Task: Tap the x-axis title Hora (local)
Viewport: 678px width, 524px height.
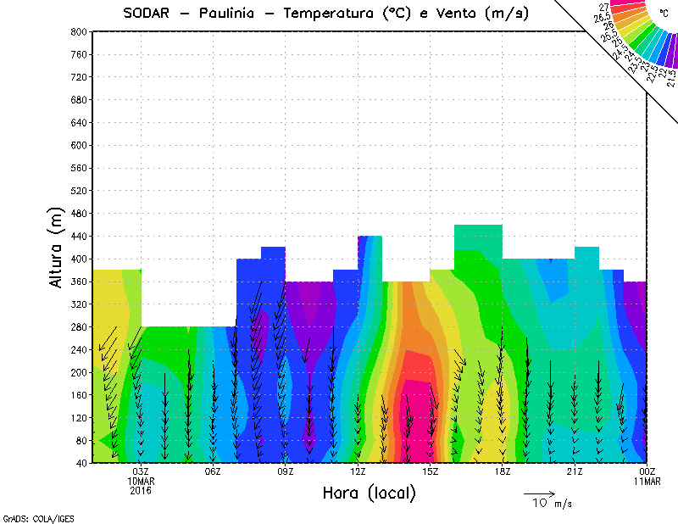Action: click(x=370, y=493)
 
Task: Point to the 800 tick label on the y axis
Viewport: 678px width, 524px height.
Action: click(x=77, y=31)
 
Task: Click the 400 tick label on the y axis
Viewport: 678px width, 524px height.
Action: click(x=77, y=259)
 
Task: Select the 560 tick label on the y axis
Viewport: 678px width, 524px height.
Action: click(x=77, y=168)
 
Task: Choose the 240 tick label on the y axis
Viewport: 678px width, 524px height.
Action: click(x=77, y=350)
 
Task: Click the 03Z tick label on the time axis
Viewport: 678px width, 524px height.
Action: click(x=141, y=471)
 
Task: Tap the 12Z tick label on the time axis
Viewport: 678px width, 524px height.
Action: click(x=358, y=471)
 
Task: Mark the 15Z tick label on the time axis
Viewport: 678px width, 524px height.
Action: click(x=431, y=471)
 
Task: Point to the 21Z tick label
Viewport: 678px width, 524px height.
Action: click(x=575, y=471)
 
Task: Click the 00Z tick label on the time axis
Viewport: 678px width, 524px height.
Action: click(x=647, y=471)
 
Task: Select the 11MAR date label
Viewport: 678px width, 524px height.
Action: click(x=647, y=481)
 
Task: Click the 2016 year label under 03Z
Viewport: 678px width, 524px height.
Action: click(x=141, y=490)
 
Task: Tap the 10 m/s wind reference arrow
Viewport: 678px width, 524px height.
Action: click(x=539, y=493)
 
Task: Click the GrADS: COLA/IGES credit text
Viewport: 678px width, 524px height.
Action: click(x=31, y=516)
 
